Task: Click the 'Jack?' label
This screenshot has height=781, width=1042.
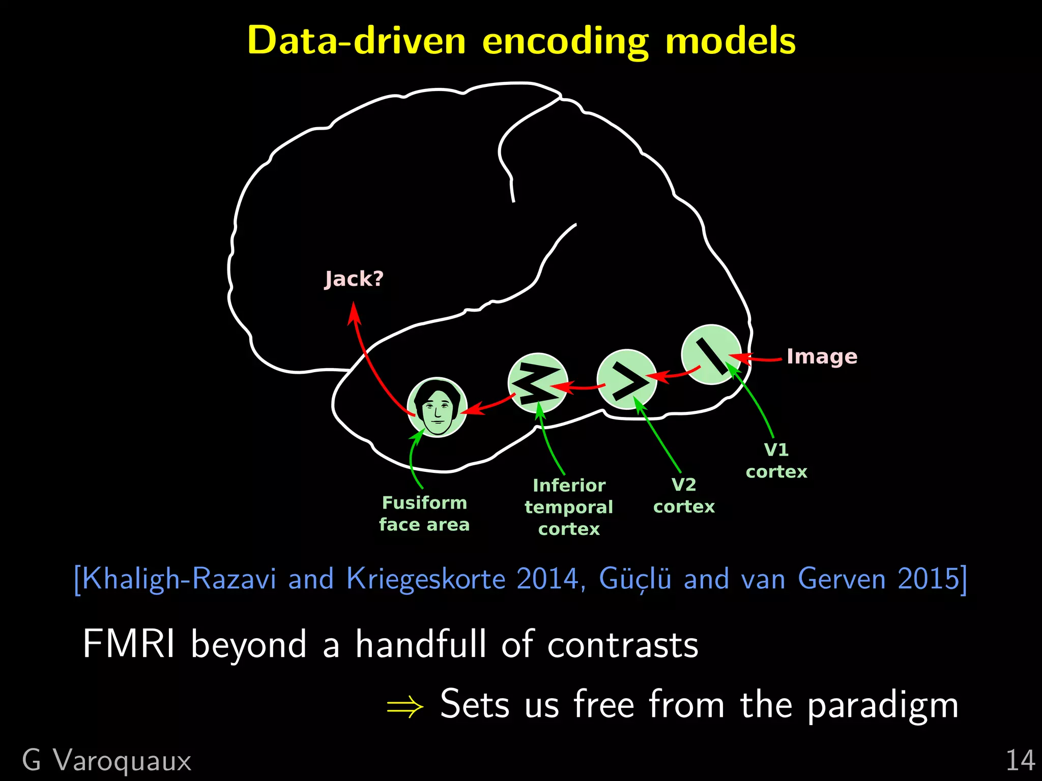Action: click(x=354, y=279)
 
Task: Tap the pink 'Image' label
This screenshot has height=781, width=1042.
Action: click(x=822, y=356)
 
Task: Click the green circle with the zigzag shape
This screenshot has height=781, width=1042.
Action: click(x=538, y=383)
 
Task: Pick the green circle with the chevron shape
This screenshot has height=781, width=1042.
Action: click(x=626, y=379)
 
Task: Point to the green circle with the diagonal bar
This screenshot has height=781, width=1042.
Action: click(x=711, y=354)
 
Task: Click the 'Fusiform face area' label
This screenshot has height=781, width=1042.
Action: click(x=424, y=514)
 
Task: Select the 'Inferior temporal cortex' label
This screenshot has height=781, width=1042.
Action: click(x=569, y=507)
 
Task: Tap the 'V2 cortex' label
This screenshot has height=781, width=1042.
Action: click(x=684, y=495)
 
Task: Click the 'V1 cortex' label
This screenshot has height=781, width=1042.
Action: click(x=776, y=461)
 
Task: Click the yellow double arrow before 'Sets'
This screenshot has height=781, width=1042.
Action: click(x=405, y=706)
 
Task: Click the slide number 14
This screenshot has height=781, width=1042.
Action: click(x=1020, y=761)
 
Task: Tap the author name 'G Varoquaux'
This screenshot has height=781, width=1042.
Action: click(x=107, y=761)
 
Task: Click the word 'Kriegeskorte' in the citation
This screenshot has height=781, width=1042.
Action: click(x=426, y=579)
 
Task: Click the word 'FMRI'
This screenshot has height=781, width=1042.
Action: click(x=129, y=644)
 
